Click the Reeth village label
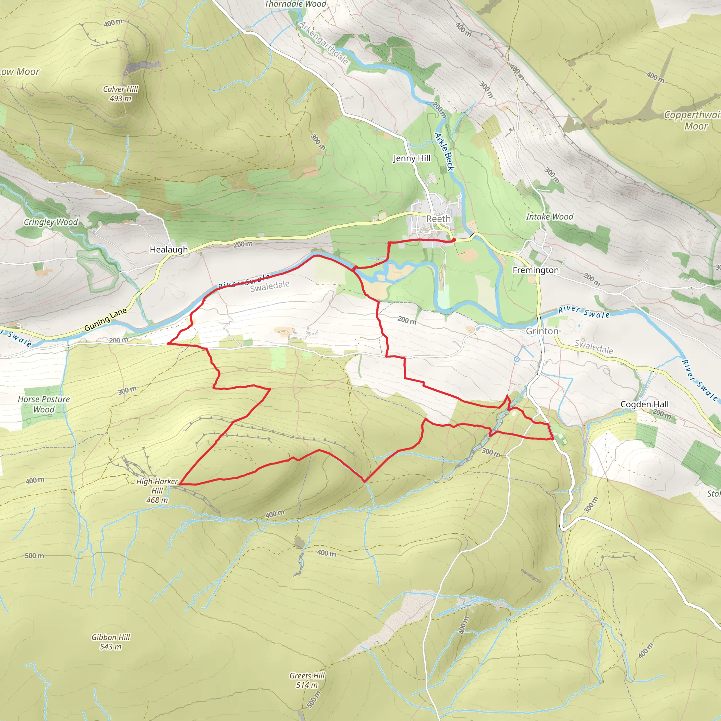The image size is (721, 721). pyautogui.click(x=439, y=219)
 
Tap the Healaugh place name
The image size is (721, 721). pyautogui.click(x=169, y=250)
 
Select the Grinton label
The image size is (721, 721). pyautogui.click(x=542, y=331)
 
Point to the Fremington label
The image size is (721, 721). pyautogui.click(x=535, y=270)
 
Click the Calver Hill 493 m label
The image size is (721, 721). pyautogui.click(x=120, y=94)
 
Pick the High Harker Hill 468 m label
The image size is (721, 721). pyautogui.click(x=157, y=490)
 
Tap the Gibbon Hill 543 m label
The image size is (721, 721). pyautogui.click(x=111, y=642)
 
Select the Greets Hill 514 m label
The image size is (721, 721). pyautogui.click(x=307, y=680)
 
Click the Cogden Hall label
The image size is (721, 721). pyautogui.click(x=645, y=404)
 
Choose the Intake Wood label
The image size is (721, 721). pyautogui.click(x=549, y=217)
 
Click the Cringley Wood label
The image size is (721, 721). pyautogui.click(x=51, y=222)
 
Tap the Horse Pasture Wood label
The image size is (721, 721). pyautogui.click(x=44, y=404)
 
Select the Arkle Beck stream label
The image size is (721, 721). pyautogui.click(x=445, y=152)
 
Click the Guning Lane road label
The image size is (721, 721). pyautogui.click(x=105, y=320)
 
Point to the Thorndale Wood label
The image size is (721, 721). pyautogui.click(x=295, y=4)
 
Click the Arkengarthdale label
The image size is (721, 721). pyautogui.click(x=324, y=43)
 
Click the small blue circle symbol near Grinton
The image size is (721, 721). pyautogui.click(x=516, y=359)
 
